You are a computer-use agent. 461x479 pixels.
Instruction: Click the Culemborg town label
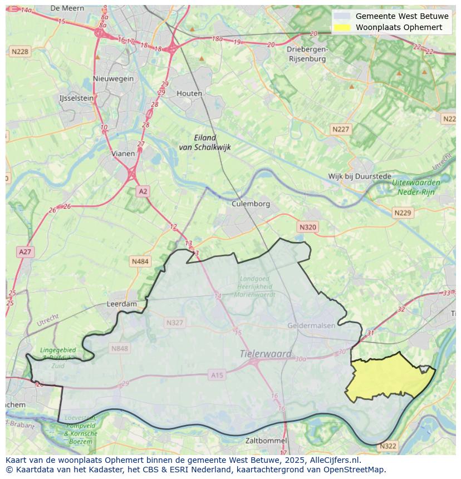click(x=251, y=204)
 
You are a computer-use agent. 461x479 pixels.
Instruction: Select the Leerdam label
click(x=121, y=304)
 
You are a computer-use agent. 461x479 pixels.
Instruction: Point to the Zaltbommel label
click(x=266, y=441)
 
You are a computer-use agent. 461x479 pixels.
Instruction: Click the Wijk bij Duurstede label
click(x=360, y=176)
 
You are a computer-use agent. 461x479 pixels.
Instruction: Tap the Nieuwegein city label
click(x=114, y=78)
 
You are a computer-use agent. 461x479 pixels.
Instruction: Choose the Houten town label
click(x=189, y=93)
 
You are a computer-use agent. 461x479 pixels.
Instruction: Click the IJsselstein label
click(x=76, y=98)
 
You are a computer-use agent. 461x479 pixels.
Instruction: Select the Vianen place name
click(x=122, y=154)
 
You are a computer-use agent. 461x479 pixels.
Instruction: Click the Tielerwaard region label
click(x=266, y=354)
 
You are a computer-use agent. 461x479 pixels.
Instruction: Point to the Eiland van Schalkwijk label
click(x=205, y=142)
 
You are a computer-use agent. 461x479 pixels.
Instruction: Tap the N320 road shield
click(x=307, y=227)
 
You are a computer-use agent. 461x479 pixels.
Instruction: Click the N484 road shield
click(x=140, y=261)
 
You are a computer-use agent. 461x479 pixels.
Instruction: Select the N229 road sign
click(x=402, y=213)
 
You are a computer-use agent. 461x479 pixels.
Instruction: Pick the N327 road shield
click(x=174, y=323)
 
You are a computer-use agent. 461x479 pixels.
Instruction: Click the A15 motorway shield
click(x=217, y=376)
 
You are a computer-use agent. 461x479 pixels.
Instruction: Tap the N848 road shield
click(x=119, y=348)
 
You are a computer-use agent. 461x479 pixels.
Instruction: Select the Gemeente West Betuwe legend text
click(x=394, y=16)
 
